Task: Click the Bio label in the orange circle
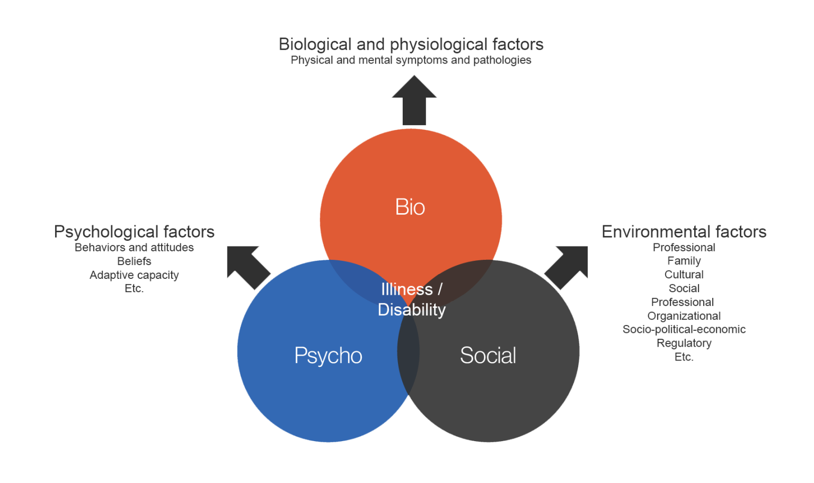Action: pos(410,207)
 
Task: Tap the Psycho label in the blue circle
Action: pos(328,355)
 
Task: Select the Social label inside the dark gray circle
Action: pos(488,355)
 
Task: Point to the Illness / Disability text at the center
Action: pos(412,300)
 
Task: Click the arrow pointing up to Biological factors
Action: pos(414,101)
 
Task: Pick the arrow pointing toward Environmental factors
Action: pos(568,266)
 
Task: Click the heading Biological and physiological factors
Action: pos(411,44)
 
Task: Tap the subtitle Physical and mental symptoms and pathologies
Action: pos(411,60)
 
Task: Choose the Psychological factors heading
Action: pos(134,232)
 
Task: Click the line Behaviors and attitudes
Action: pos(134,248)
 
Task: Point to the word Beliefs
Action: pos(134,261)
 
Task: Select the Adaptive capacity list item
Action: pos(134,275)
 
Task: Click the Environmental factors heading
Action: pos(684,232)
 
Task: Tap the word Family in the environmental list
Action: pos(684,261)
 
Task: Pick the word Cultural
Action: pos(684,275)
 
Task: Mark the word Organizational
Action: pos(684,316)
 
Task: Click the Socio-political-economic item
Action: pos(684,329)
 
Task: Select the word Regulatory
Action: pos(684,343)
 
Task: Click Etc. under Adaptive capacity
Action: pos(134,288)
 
